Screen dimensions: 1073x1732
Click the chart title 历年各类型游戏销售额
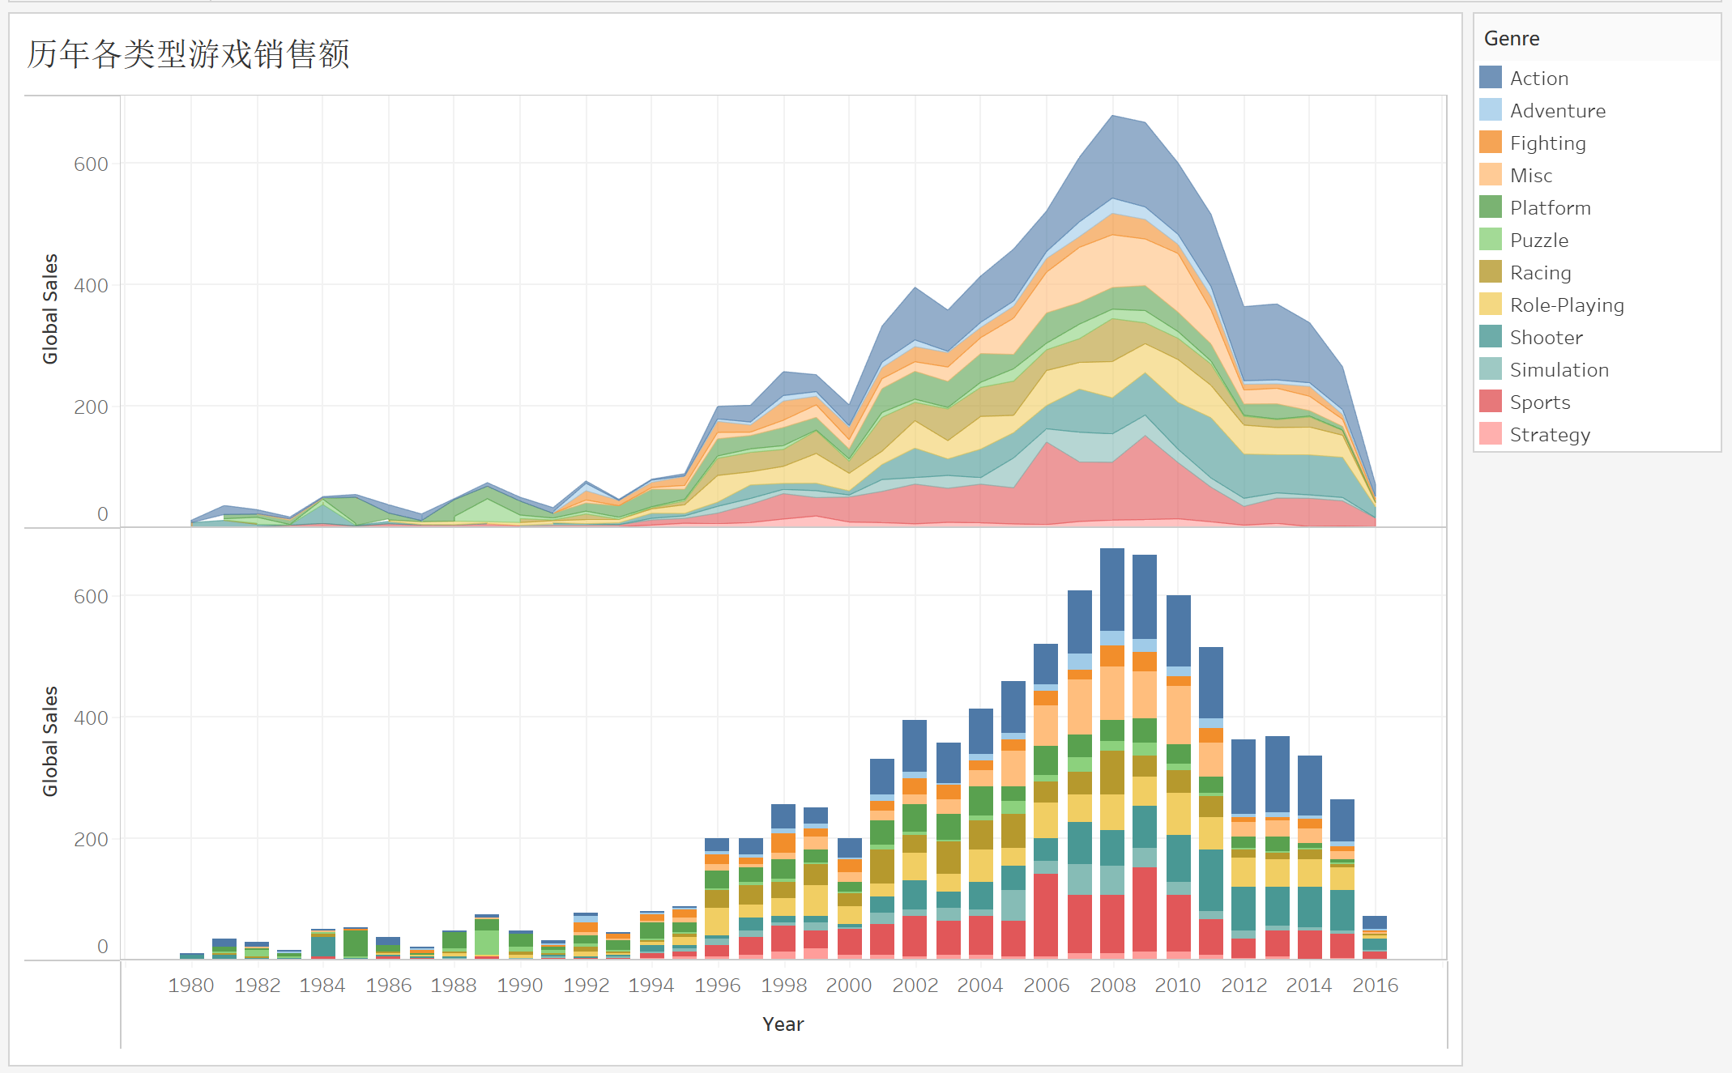188,54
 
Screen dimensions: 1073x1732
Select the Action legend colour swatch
1491,78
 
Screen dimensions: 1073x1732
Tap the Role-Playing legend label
1567,305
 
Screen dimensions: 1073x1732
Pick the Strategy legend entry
1550,435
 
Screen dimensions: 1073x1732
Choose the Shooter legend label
1546,338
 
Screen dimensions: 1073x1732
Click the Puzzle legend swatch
1491,240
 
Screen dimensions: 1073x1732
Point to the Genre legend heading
1512,39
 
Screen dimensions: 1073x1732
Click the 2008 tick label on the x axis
1112,986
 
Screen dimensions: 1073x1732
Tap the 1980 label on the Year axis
191,986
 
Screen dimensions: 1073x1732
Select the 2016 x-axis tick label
1375,986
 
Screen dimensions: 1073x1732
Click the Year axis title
783,1024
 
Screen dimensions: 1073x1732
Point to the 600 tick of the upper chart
91,164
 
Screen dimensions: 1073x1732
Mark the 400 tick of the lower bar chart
91,718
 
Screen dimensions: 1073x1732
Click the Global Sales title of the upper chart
50,309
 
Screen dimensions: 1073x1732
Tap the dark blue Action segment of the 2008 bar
1112,589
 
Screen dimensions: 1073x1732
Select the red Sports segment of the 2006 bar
1046,915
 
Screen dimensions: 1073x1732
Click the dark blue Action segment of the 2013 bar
1278,773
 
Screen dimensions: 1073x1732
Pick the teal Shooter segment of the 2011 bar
1211,880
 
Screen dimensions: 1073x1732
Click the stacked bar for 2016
1375,938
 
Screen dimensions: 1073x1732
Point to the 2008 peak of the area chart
1112,116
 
